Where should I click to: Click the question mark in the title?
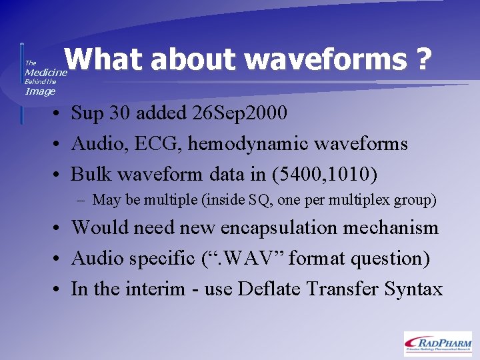(421, 60)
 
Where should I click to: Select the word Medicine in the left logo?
(46, 72)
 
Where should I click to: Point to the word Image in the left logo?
(40, 91)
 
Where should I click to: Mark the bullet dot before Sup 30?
(60, 114)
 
